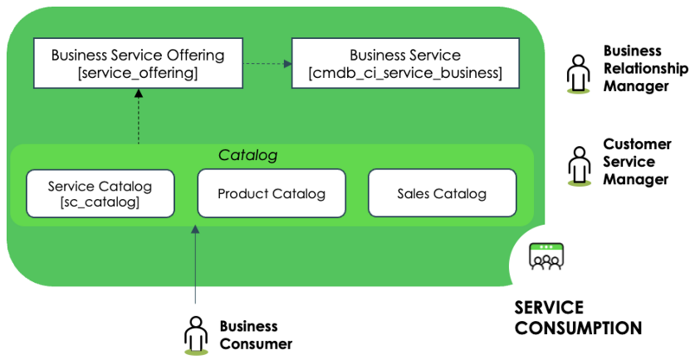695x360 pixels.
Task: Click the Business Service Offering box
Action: (138, 63)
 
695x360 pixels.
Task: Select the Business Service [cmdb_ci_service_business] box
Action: (405, 63)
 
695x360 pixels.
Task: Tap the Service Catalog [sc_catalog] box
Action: (100, 194)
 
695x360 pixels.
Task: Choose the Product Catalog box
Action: (271, 193)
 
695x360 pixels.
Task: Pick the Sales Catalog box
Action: (442, 193)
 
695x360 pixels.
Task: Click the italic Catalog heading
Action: (248, 155)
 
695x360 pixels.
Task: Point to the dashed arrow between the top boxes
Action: (267, 63)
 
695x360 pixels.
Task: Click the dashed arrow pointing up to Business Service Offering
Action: (138, 116)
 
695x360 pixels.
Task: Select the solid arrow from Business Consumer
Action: (195, 265)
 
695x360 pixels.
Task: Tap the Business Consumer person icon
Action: (196, 335)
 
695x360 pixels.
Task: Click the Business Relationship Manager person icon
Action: (578, 74)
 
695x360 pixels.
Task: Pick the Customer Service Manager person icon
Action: (579, 166)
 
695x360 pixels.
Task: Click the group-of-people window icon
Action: (546, 256)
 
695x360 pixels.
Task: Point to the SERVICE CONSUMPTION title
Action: (578, 318)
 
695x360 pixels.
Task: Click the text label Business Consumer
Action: (256, 335)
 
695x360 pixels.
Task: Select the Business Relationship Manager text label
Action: (646, 68)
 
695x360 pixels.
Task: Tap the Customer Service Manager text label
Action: (637, 162)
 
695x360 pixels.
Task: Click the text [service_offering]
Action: (138, 73)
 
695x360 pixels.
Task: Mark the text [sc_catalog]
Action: (100, 202)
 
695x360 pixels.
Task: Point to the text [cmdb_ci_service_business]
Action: (405, 73)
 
